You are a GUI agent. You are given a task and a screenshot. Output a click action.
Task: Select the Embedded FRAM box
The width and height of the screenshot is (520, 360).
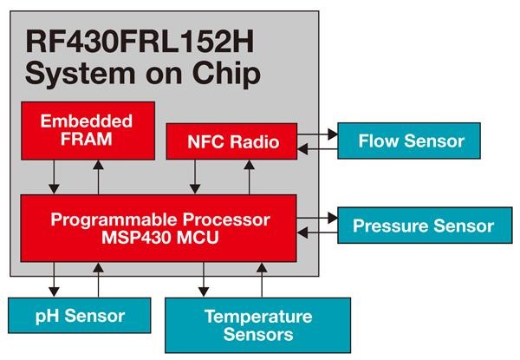(x=88, y=130)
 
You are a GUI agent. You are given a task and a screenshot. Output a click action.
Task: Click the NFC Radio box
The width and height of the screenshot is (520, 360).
(x=231, y=141)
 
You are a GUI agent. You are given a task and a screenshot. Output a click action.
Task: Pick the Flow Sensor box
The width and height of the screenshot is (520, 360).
(x=411, y=141)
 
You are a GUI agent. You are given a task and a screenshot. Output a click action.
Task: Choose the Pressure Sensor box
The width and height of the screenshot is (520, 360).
(x=423, y=226)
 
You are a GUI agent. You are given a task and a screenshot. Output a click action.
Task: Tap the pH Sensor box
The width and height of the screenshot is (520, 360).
(x=79, y=316)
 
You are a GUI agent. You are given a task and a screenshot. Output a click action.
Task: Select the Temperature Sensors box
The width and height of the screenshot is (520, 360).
(x=257, y=325)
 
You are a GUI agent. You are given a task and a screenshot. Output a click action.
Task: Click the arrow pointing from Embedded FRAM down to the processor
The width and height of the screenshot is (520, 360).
(x=55, y=177)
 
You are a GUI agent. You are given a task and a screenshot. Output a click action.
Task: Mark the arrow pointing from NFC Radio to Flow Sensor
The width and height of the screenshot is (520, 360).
(x=316, y=134)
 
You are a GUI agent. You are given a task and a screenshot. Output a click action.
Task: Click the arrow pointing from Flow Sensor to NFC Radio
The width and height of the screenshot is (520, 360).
(x=316, y=149)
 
